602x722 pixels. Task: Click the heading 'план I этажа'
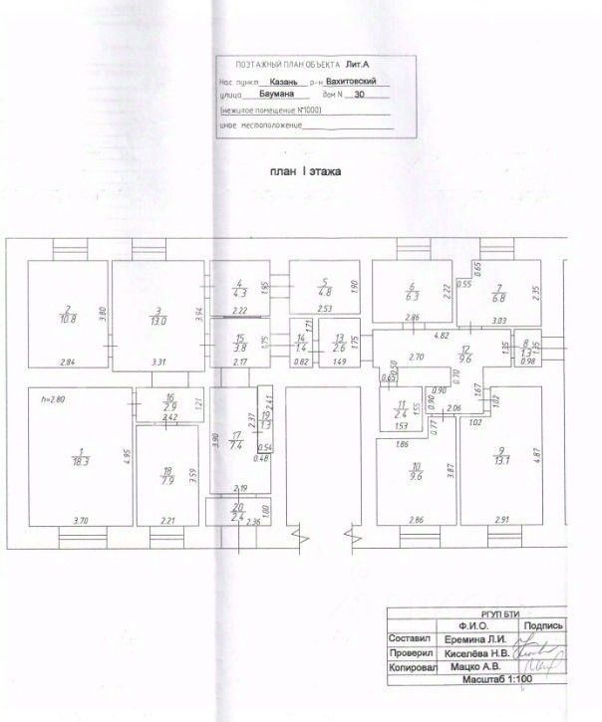click(x=306, y=171)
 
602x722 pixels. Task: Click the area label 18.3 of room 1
click(x=80, y=462)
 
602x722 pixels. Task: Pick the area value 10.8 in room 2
click(x=69, y=319)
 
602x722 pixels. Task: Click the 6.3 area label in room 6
click(x=411, y=295)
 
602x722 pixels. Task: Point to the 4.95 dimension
click(x=129, y=457)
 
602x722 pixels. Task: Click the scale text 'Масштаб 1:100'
click(x=497, y=678)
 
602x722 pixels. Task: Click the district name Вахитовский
click(x=356, y=83)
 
